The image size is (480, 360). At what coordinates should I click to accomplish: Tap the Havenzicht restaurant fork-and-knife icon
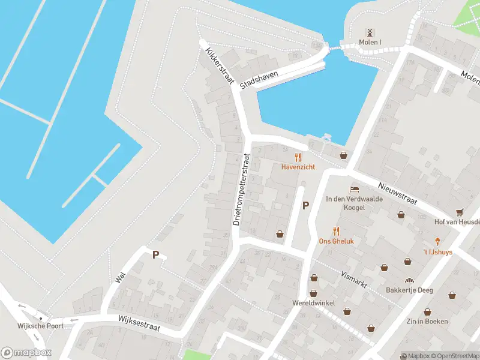298,157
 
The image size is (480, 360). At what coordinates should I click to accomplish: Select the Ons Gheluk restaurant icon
336,231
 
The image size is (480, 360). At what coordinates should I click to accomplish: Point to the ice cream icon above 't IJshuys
437,242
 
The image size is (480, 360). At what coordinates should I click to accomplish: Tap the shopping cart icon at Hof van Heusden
460,212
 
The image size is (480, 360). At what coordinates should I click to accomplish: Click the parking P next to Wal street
155,255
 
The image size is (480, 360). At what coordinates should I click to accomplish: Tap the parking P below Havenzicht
305,206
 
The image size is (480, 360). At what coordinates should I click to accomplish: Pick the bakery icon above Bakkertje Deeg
410,280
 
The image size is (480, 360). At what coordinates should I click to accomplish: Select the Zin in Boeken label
427,322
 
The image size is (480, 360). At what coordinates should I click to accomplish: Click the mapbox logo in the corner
26,353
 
